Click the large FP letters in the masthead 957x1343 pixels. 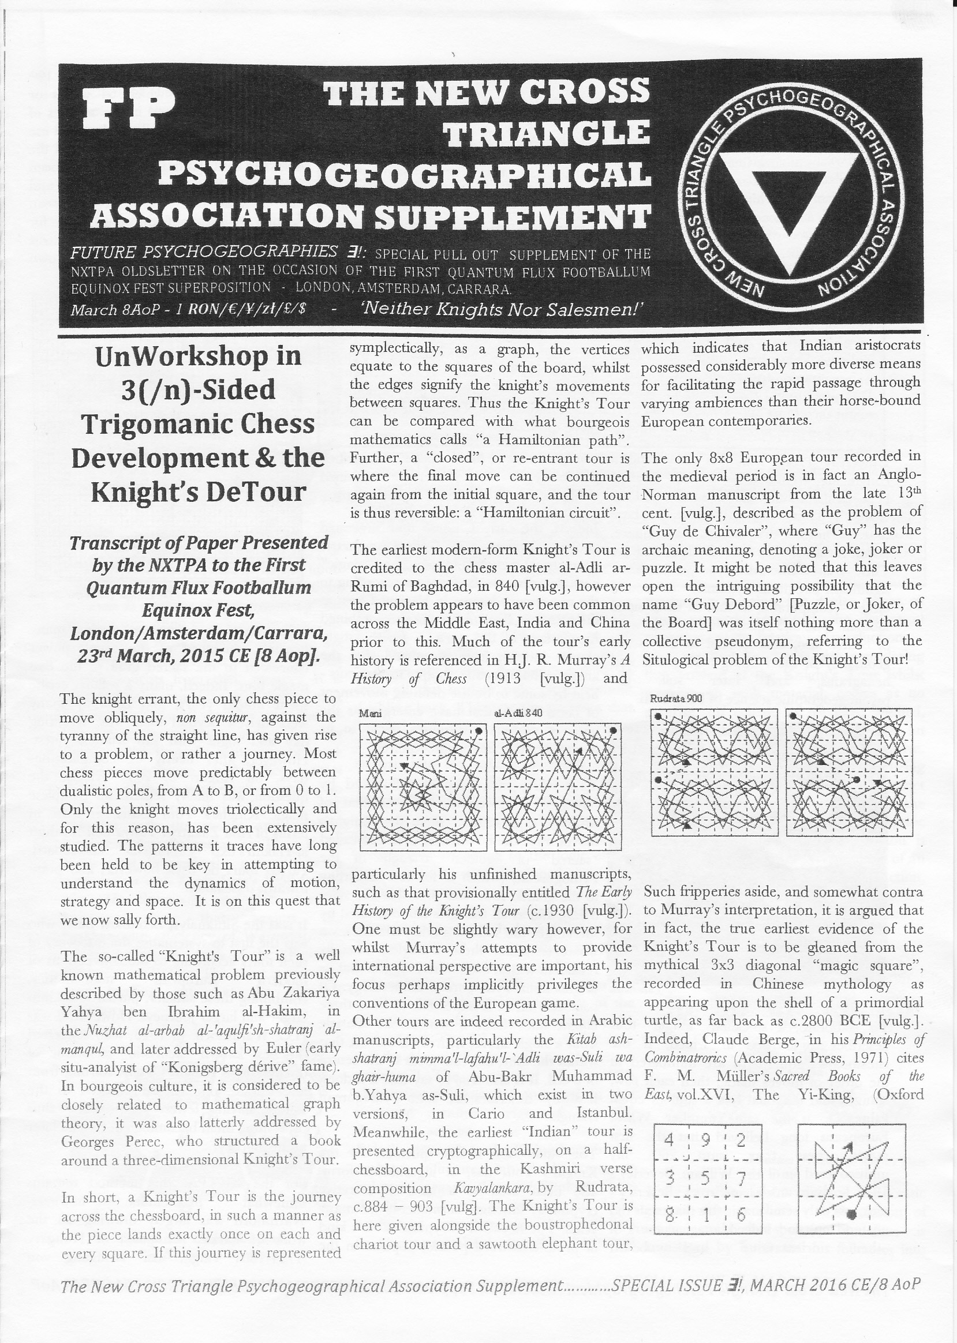pyautogui.click(x=129, y=108)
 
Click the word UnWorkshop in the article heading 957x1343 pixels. pyautogui.click(x=198, y=356)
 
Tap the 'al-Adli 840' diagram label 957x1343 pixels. pyautogui.click(x=518, y=713)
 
